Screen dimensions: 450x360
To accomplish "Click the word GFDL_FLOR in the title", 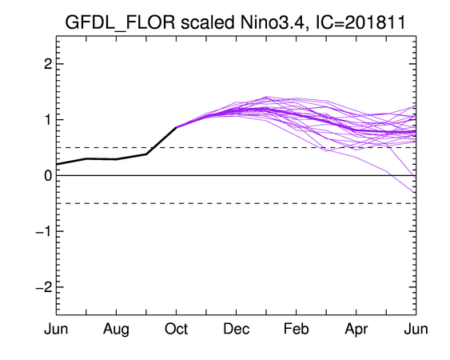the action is tap(120, 22).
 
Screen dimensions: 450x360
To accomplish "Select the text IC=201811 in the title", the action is tap(360, 22).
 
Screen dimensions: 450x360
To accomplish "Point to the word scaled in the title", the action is tap(208, 22).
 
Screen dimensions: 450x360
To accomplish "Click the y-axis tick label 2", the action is tap(48, 64).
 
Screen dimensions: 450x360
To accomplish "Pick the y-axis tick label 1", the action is tap(48, 120).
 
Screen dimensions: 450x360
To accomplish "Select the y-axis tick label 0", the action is tap(48, 175).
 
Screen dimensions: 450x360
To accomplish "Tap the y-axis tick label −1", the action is tap(44, 231).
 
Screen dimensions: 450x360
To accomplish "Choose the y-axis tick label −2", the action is tap(44, 287).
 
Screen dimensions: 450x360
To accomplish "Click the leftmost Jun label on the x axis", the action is tap(56, 329).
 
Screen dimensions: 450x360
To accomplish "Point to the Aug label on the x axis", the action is tap(116, 330).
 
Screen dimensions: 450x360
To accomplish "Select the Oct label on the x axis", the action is tap(176, 329).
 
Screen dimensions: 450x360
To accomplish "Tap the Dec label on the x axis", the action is tap(237, 329).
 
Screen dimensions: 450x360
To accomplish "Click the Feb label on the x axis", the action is tap(297, 329).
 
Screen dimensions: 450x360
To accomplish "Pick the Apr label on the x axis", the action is tap(356, 330).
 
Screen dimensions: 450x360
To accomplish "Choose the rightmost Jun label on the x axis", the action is tap(416, 329).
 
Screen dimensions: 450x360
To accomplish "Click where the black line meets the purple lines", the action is tap(176, 127).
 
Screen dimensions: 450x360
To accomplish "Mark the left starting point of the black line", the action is tap(57, 164).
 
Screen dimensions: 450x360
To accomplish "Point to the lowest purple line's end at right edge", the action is tap(416, 194).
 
